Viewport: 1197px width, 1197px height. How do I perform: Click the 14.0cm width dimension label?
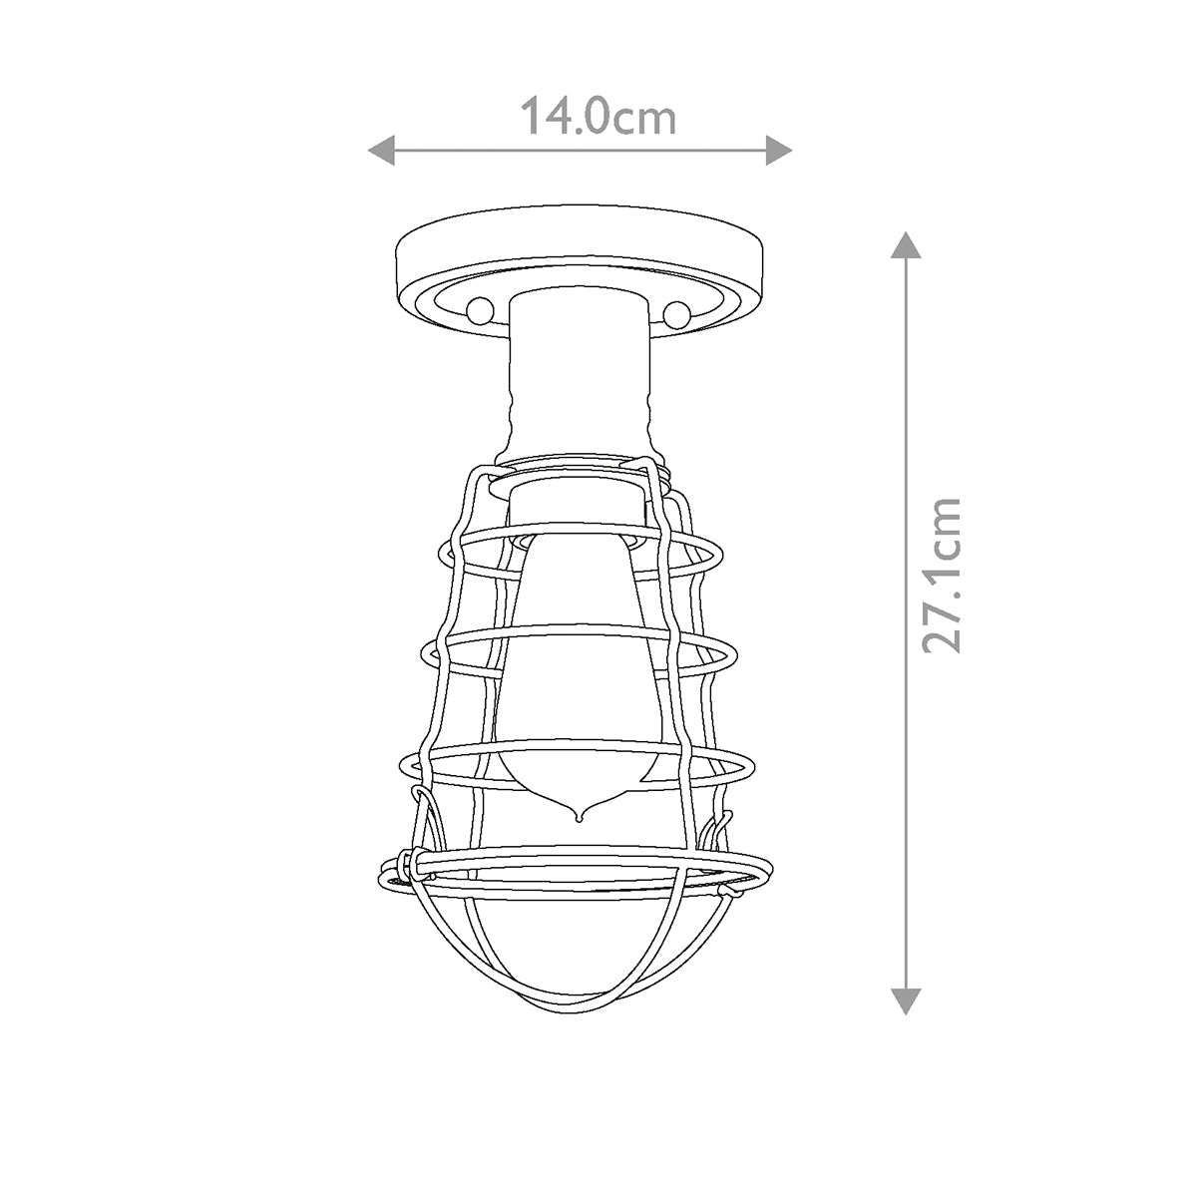pos(598,117)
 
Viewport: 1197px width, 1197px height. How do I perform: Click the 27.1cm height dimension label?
pos(942,576)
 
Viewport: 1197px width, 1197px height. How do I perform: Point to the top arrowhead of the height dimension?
pos(904,245)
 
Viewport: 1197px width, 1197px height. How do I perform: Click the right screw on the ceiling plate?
pos(677,313)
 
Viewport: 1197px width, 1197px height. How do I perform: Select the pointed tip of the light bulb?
pos(578,817)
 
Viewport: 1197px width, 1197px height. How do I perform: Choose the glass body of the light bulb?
pos(578,678)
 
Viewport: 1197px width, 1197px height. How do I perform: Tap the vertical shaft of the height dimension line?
pos(904,698)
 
